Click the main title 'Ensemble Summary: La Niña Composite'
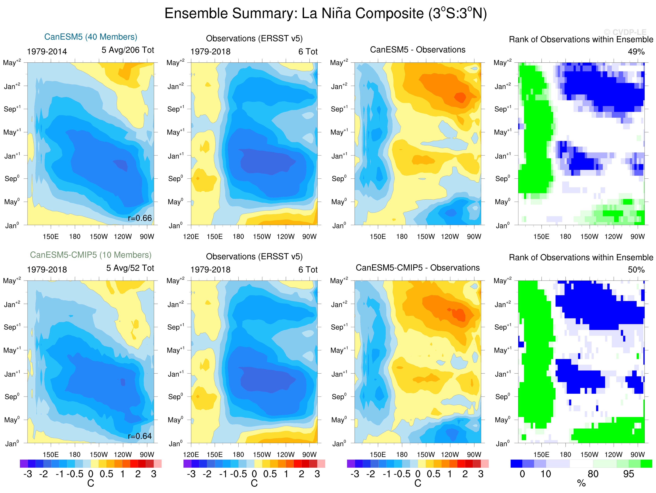click(x=325, y=14)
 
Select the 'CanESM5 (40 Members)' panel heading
click(x=91, y=37)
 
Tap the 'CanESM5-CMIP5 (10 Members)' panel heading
click(x=91, y=255)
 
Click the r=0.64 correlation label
click(x=140, y=436)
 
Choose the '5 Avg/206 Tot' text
click(x=128, y=50)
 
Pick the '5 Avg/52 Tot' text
click(x=130, y=268)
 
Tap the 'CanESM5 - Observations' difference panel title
click(x=418, y=50)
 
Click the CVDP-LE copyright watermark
click(x=625, y=32)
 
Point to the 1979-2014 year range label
click(x=47, y=52)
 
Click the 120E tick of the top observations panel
click(x=191, y=237)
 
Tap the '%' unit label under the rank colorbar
click(x=581, y=484)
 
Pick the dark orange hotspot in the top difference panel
click(x=460, y=97)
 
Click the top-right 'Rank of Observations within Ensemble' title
click(x=581, y=39)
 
